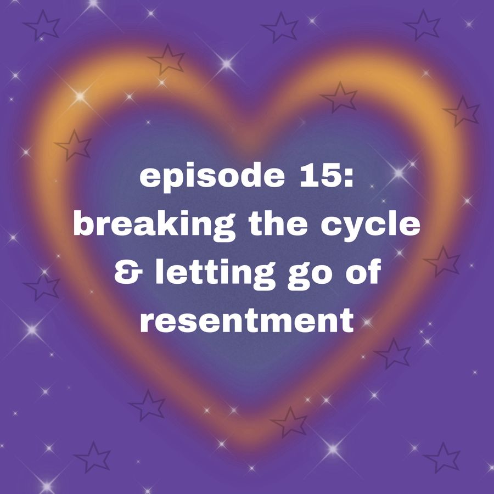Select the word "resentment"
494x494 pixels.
click(x=246, y=321)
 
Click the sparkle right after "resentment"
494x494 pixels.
click(x=367, y=322)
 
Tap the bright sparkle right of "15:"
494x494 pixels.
click(x=399, y=173)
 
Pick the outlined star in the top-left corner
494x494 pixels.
click(x=42, y=25)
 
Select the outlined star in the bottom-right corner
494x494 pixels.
click(x=442, y=457)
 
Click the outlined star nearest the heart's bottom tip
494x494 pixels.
click(x=289, y=422)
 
